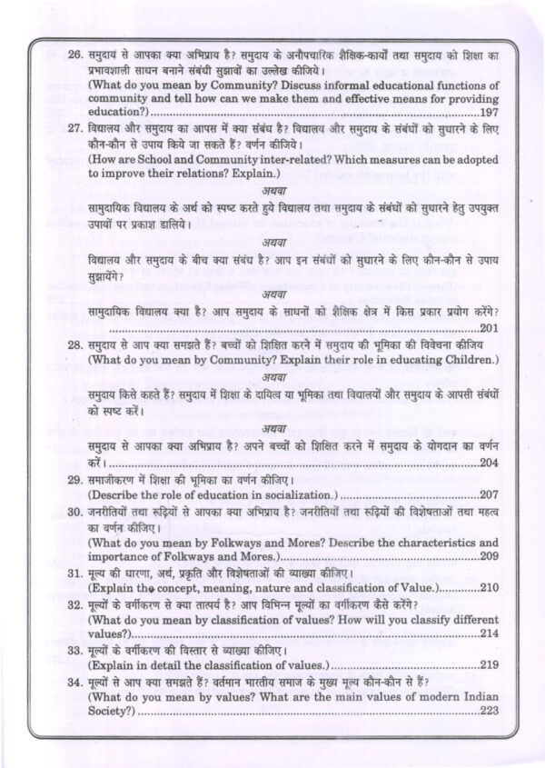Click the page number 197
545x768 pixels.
[491, 135]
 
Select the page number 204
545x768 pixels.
[490, 463]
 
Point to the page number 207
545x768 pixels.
[490, 496]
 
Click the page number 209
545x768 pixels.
[490, 556]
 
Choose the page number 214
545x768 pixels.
[490, 633]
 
